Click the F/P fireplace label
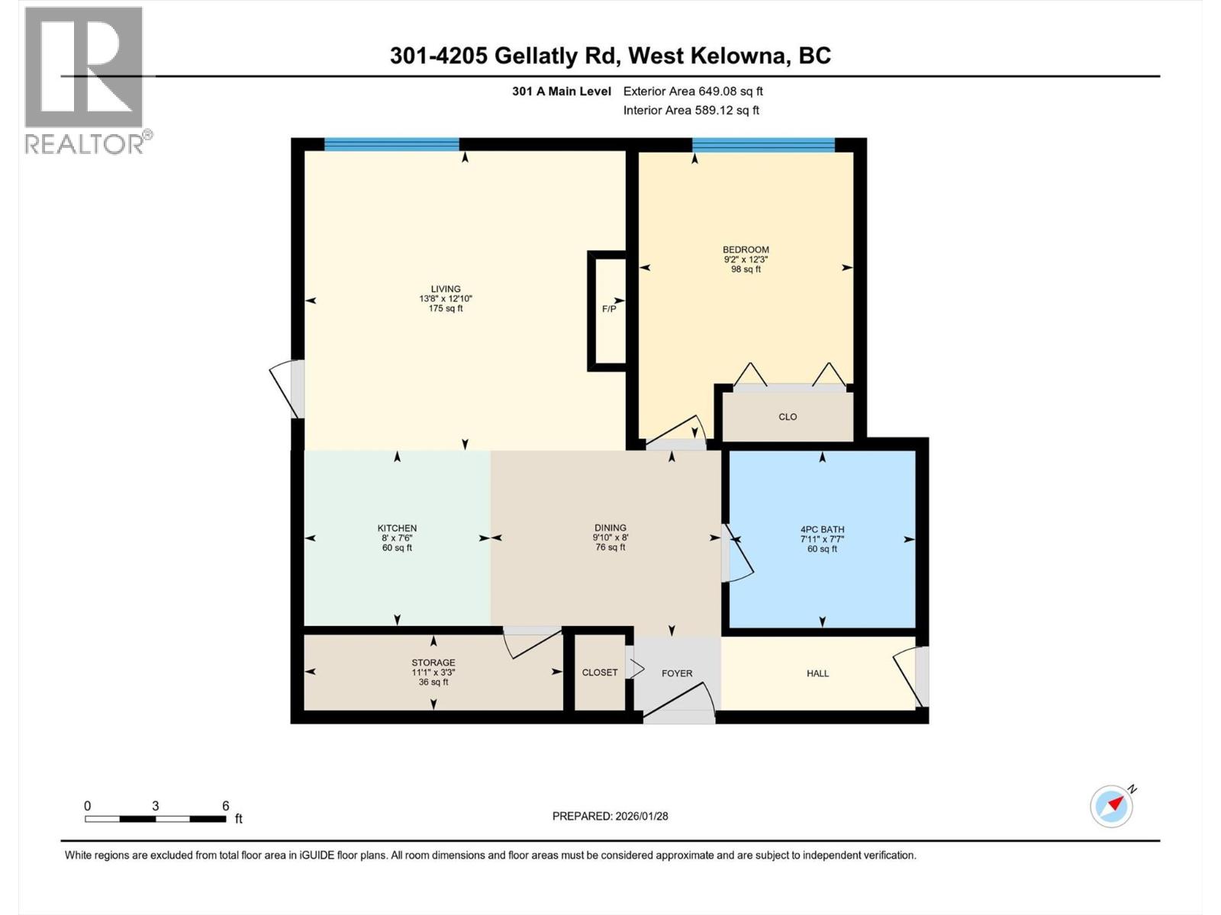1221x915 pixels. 609,309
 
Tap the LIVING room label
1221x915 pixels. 446,289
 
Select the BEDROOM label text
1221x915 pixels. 746,249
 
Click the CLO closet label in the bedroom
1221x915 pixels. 788,417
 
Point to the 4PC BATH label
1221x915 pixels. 822,529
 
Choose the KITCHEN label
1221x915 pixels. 397,528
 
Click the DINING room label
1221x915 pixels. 610,528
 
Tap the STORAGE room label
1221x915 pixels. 433,663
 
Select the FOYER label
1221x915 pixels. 677,673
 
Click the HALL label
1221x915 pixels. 817,673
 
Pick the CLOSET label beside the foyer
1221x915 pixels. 600,673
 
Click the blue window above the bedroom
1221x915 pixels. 763,145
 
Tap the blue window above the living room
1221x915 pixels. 391,144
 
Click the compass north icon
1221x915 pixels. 1112,806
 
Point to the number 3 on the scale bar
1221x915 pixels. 156,806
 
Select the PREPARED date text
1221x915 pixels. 610,816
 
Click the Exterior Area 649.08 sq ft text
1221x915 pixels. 693,91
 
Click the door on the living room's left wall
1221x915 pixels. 286,389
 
